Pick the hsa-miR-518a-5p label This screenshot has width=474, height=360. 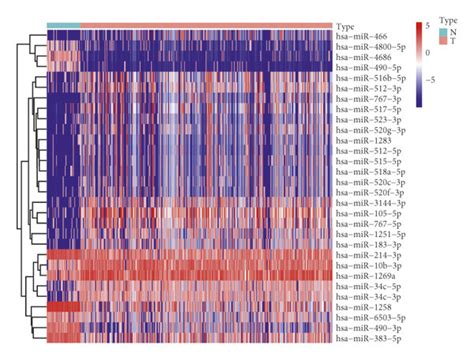(x=366, y=172)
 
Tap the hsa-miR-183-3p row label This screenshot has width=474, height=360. (x=364, y=245)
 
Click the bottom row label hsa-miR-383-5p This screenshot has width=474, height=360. (x=364, y=339)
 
